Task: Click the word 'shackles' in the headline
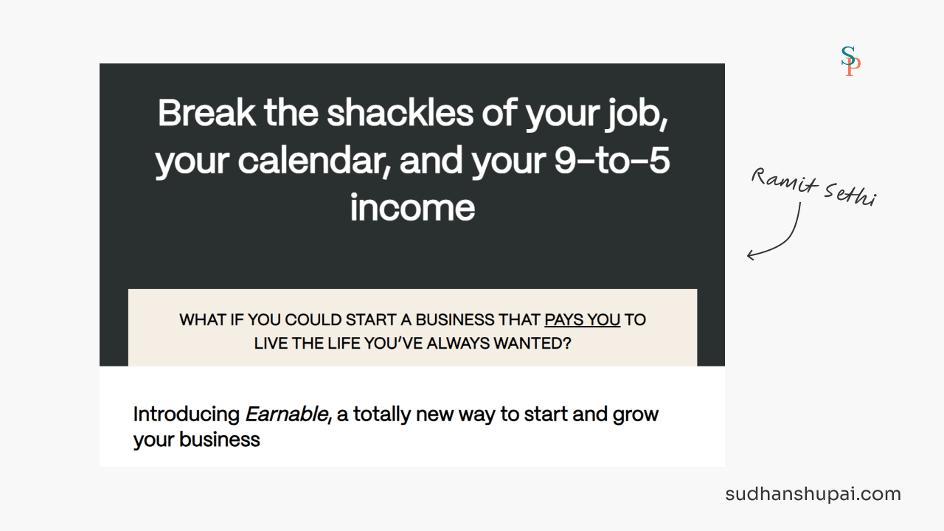(400, 113)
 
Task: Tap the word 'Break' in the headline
(206, 113)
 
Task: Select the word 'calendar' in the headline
(314, 162)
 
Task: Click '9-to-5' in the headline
(611, 161)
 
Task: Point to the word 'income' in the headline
(412, 208)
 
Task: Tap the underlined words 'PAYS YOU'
(583, 320)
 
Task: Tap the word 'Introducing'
(187, 415)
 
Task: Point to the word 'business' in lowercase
(220, 440)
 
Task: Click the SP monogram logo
(850, 61)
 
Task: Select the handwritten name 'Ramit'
(784, 181)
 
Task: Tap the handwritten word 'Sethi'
(850, 195)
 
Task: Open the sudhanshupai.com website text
(813, 494)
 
